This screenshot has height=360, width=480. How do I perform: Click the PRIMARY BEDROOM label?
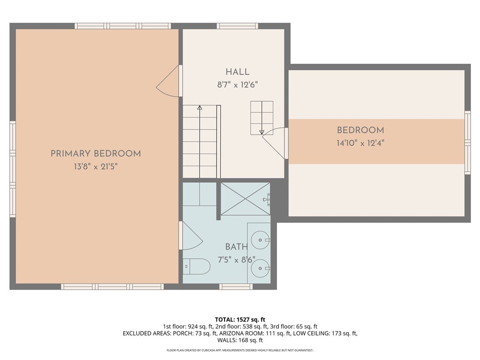(96, 153)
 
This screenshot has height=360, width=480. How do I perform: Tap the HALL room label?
(238, 72)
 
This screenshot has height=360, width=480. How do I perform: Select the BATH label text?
(236, 247)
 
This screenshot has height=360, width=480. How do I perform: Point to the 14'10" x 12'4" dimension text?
(360, 143)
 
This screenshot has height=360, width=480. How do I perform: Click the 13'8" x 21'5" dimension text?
(96, 167)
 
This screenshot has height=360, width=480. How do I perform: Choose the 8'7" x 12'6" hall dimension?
(238, 85)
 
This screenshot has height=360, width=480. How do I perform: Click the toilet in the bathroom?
(196, 266)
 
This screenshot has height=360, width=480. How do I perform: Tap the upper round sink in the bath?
(260, 240)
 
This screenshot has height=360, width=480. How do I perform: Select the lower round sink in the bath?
(260, 268)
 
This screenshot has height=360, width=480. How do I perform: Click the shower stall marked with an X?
(245, 199)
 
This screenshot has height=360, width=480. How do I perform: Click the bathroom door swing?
(191, 236)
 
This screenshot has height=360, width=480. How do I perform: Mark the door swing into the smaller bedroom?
(273, 143)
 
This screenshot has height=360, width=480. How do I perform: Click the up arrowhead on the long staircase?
(200, 107)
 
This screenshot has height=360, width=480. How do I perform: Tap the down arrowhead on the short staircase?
(262, 132)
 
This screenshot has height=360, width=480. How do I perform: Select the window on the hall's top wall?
(238, 26)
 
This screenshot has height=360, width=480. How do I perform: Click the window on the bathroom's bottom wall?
(236, 286)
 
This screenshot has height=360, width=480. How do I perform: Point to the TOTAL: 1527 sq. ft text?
(240, 320)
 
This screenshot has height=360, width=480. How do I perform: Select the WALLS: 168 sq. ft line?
(240, 340)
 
